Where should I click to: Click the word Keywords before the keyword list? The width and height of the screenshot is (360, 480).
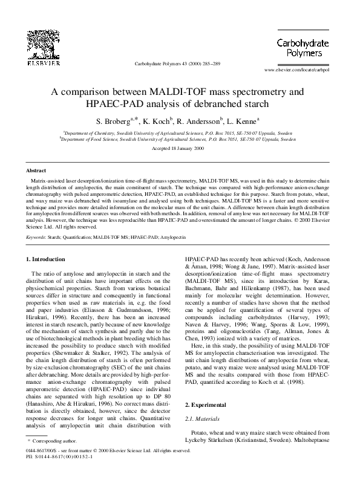pos(38,238)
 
